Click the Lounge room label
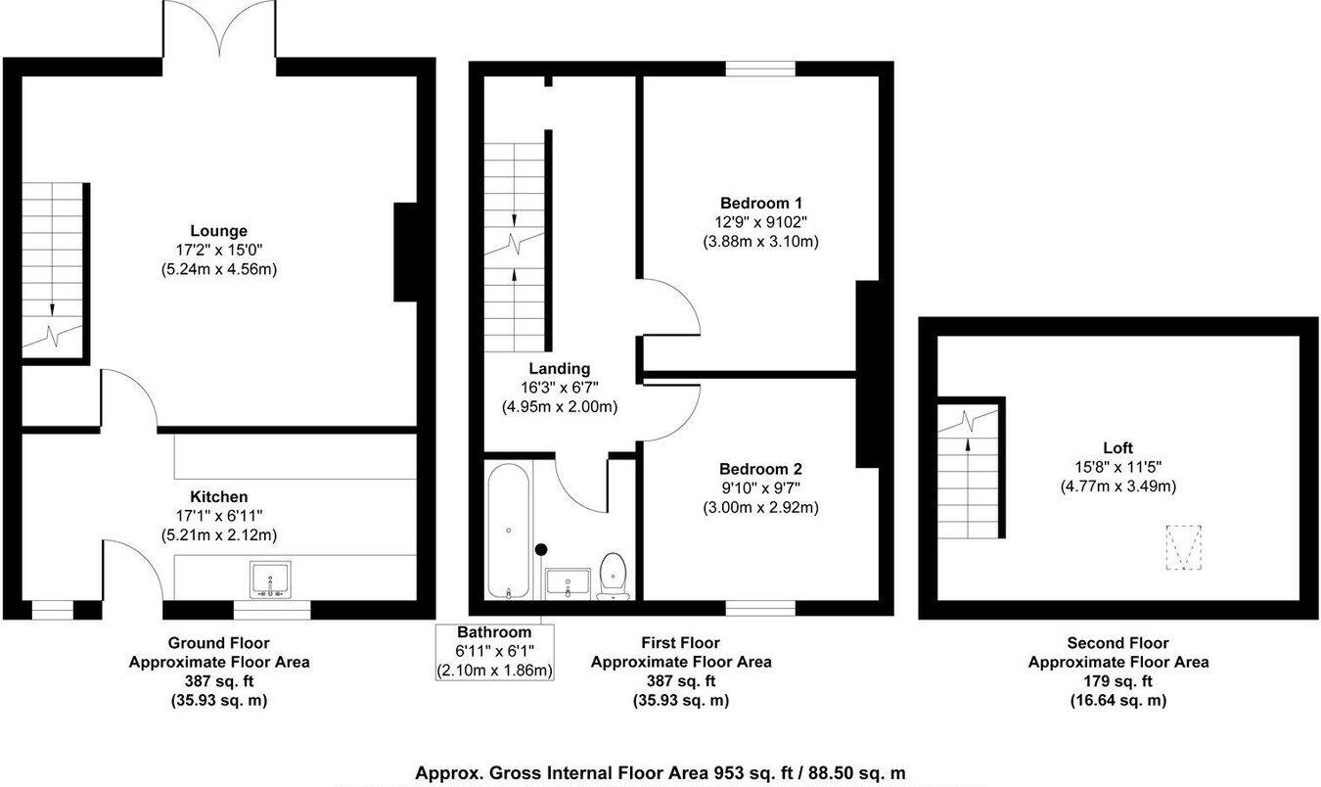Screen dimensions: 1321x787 pos(219,231)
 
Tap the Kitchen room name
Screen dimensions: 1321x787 pos(219,496)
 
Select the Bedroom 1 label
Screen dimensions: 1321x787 pos(760,204)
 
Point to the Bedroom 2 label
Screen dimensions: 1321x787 pos(760,470)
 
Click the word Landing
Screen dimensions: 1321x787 pos(559,369)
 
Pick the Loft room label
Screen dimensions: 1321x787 pos(1118,447)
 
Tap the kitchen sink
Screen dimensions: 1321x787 pos(270,579)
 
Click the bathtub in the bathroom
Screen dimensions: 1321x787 pos(508,531)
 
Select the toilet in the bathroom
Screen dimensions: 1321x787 pos(614,577)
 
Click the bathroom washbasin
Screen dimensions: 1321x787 pos(568,583)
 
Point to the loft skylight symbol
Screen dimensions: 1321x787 pos(1184,547)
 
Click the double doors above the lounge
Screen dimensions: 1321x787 pos(219,29)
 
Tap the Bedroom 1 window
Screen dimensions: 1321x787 pos(760,69)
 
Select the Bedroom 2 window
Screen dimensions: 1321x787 pos(760,608)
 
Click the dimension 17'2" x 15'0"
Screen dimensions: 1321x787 pos(219,251)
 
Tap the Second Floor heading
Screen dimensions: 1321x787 pos(1118,643)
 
